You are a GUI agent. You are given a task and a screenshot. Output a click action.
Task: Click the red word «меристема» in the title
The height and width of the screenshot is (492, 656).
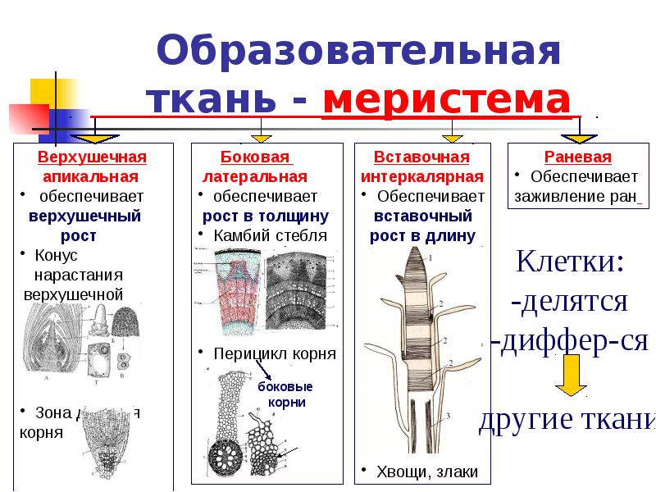tap(447, 100)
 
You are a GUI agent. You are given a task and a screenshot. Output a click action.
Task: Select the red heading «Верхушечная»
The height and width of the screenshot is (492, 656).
tap(92, 157)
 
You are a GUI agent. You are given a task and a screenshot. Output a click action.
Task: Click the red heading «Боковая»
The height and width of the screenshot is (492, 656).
tap(257, 157)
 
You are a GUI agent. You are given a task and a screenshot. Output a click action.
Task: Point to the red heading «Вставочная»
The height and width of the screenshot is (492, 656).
tap(421, 157)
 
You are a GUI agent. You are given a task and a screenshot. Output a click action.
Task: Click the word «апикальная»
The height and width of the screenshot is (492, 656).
tap(91, 176)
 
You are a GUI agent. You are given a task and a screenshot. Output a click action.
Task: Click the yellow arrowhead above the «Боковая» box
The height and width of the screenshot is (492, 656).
tap(261, 137)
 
